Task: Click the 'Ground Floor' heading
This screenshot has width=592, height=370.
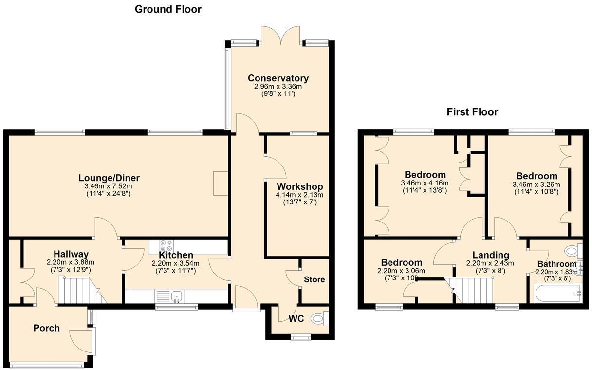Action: pyautogui.click(x=168, y=9)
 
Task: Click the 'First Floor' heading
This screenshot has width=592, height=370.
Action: pyautogui.click(x=472, y=112)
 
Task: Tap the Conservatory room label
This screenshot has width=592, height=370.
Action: pyautogui.click(x=278, y=78)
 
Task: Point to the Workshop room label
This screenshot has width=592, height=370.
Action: pyautogui.click(x=300, y=187)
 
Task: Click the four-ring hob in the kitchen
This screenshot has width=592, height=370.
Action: pyautogui.click(x=165, y=246)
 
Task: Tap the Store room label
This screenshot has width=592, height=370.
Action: pyautogui.click(x=314, y=280)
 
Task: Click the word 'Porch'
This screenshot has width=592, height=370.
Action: pyautogui.click(x=46, y=328)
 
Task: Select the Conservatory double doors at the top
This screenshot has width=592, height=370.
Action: pyautogui.click(x=280, y=35)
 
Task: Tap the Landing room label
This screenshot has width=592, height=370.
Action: pyautogui.click(x=491, y=255)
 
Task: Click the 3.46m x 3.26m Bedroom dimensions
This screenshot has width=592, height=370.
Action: pyautogui.click(x=536, y=185)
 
